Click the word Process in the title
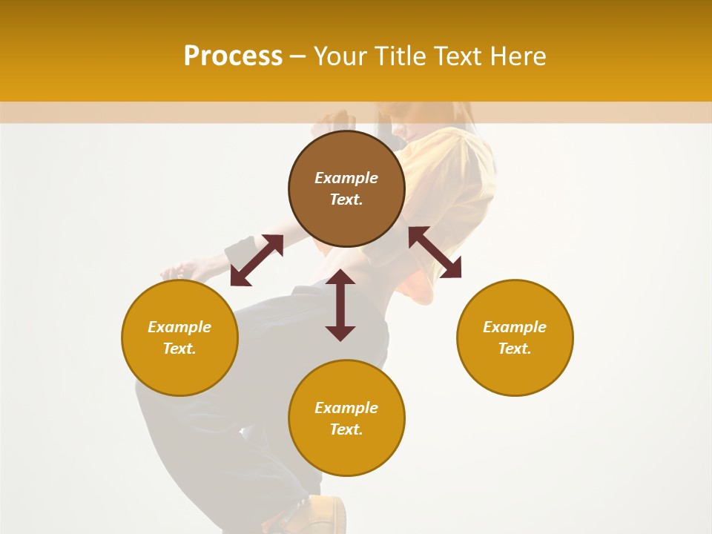[233, 56]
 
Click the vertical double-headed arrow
[340, 305]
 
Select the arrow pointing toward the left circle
[257, 260]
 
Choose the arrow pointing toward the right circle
[435, 252]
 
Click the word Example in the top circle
[346, 178]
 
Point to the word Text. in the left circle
[179, 349]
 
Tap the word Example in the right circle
[515, 327]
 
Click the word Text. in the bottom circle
[346, 429]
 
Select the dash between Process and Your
[297, 56]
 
